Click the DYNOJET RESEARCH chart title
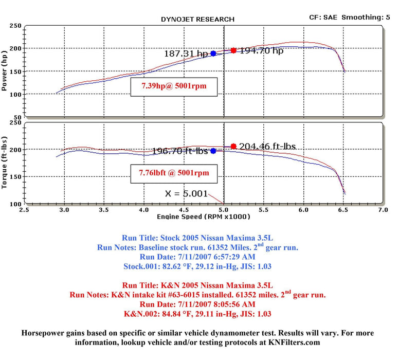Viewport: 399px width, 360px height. click(x=197, y=19)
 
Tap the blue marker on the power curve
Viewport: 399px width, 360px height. click(x=213, y=53)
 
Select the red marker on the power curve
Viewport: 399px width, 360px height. click(x=233, y=50)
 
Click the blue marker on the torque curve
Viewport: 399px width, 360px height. click(x=213, y=151)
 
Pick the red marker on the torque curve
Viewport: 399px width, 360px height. click(x=233, y=146)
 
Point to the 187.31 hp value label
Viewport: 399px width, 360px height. click(x=186, y=53)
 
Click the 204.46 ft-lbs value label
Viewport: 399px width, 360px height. click(x=266, y=146)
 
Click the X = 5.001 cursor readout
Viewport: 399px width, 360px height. click(x=186, y=193)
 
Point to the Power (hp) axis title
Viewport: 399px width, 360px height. click(x=5, y=72)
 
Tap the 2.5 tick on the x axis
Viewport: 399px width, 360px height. click(x=25, y=210)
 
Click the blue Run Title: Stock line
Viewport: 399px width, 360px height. click(x=197, y=238)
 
